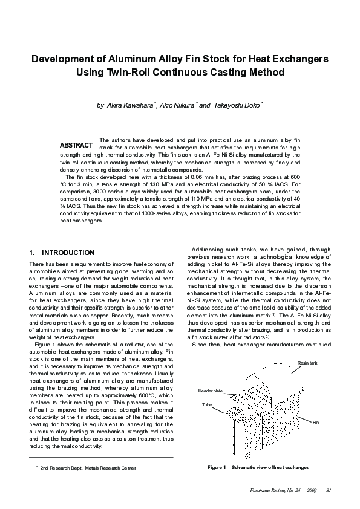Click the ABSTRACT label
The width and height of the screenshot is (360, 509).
[x=76, y=146]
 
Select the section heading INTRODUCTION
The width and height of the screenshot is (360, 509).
[x=68, y=252]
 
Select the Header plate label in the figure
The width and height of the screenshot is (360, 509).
[x=211, y=391]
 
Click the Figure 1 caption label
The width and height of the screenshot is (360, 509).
[x=216, y=468]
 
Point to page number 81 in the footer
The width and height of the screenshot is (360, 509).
[x=329, y=490]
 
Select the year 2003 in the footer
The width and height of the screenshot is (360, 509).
[x=312, y=490]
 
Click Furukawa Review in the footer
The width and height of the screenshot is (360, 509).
[x=270, y=490]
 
